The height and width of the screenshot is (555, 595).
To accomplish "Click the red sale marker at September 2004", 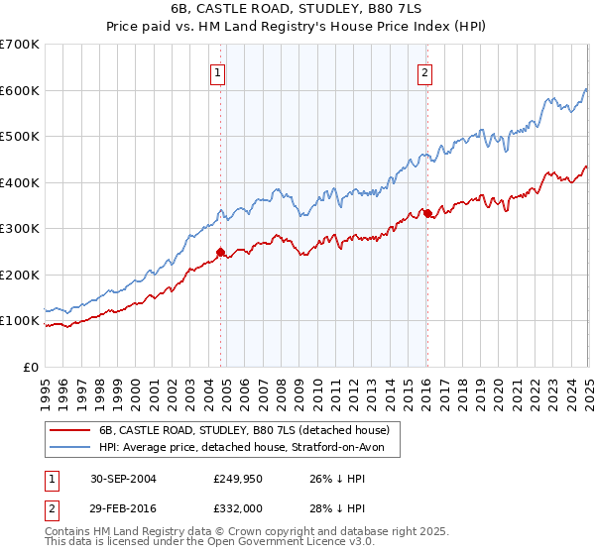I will tap(221, 252).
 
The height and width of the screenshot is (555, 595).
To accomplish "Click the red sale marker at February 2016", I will tap(426, 213).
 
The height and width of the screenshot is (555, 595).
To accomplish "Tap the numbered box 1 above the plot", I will tap(217, 71).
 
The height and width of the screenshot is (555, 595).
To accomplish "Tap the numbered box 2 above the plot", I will tap(424, 71).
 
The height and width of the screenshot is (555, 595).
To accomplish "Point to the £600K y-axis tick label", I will tap(20, 90).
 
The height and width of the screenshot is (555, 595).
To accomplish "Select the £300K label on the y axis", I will tap(20, 229).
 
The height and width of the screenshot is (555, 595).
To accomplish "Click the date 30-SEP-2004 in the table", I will tap(123, 478).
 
